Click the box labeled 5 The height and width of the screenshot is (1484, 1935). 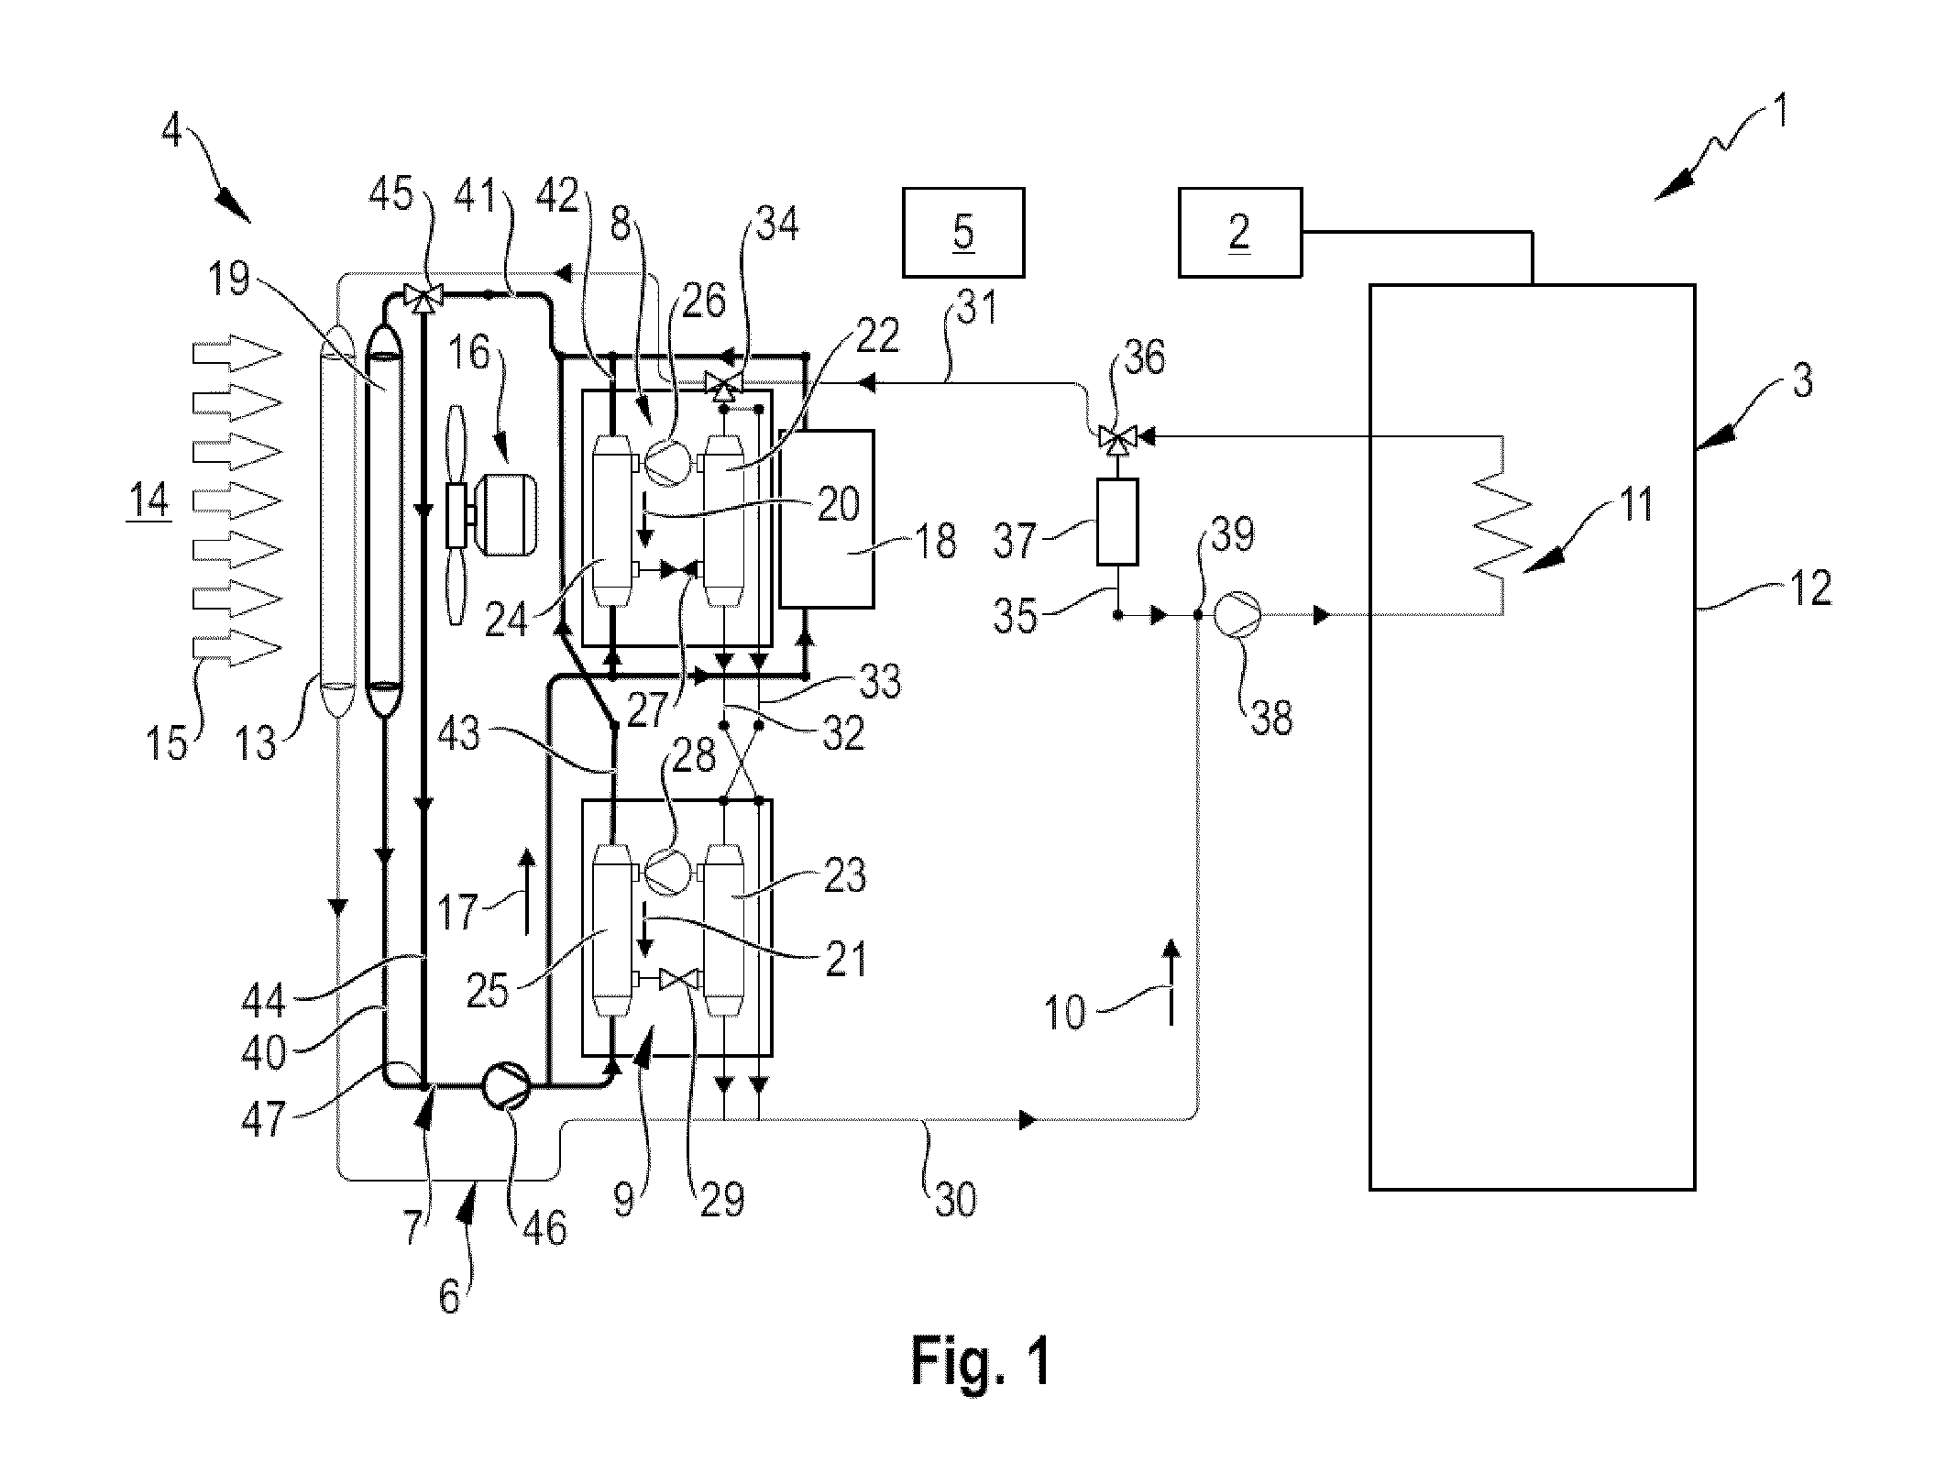tap(963, 233)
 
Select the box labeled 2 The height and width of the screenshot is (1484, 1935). tap(1239, 233)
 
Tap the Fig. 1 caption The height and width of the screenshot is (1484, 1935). tap(981, 1360)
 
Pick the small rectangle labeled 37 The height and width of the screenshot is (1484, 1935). tap(1117, 522)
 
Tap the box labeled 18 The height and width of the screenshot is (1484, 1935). tap(827, 518)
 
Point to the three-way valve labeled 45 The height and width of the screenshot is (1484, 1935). tap(423, 296)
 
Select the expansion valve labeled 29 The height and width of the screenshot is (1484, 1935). tap(679, 980)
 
